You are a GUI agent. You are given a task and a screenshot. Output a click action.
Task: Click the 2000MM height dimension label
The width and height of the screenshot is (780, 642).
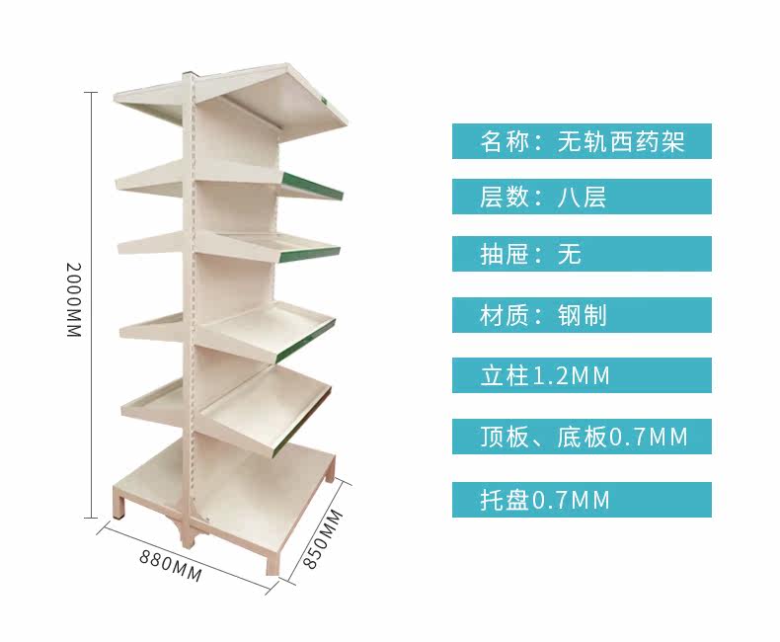[x=71, y=300]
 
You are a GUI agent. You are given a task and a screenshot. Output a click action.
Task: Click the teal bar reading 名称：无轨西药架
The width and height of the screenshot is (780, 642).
[x=582, y=141]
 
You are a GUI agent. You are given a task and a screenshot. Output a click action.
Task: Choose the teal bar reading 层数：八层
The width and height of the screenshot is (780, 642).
[x=582, y=197]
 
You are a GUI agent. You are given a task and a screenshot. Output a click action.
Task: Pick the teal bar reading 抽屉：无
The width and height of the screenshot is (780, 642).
[x=582, y=255]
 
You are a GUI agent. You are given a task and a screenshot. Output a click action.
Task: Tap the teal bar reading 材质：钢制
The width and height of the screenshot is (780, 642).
[x=582, y=315]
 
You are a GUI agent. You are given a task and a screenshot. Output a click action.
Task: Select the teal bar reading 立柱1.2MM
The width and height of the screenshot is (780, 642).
[x=582, y=375]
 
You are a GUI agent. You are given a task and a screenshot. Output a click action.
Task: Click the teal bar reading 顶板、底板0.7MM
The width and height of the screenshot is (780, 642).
[x=582, y=436]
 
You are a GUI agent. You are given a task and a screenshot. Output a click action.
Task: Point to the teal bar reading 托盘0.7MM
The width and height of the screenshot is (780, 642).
[x=582, y=499]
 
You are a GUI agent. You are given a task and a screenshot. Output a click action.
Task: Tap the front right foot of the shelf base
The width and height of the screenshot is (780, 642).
[x=273, y=563]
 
